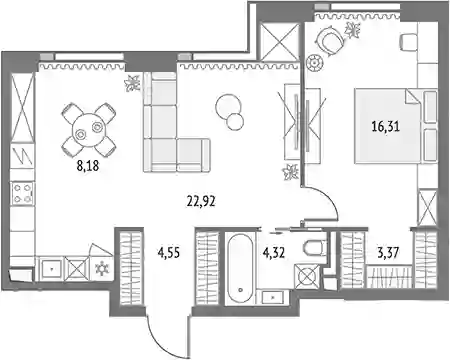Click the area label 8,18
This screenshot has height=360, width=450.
point(88,165)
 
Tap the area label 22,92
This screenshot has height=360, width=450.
point(201,201)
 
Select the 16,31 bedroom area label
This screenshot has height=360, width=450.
point(386,126)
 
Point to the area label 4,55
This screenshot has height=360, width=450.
point(169,253)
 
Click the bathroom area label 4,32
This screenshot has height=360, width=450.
point(274,253)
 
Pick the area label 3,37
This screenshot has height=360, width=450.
point(388,253)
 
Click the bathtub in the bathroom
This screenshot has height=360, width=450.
point(240,268)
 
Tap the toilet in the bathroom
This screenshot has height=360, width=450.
point(315,248)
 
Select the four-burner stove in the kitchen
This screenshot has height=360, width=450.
point(22,194)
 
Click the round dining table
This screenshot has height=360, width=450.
point(89,130)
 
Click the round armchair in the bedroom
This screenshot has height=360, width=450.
point(330,40)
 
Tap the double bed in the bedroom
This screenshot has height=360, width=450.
point(396,126)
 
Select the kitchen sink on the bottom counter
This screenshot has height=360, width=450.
point(51,269)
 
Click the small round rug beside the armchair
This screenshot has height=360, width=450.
point(315,62)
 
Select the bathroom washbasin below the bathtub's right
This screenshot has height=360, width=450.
point(273,297)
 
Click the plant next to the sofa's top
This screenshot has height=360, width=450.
point(133,83)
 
